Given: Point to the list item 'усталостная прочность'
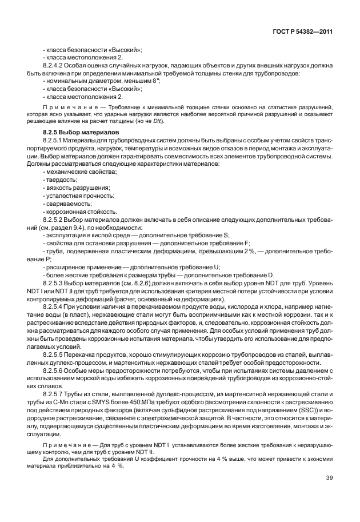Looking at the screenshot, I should (x=73, y=195).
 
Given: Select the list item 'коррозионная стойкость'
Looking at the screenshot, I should (x=74, y=211).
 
